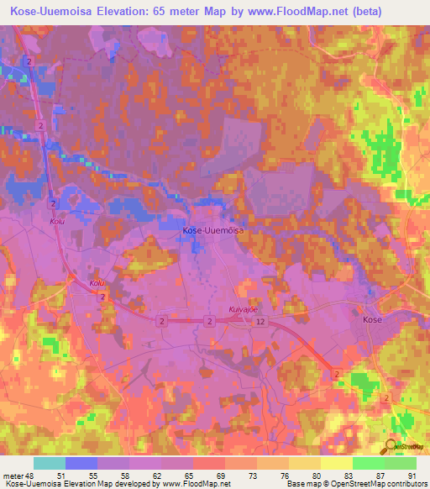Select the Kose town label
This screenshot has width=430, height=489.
point(372,320)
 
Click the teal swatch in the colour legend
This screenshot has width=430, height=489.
point(50,463)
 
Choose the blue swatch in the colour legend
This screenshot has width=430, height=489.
point(81,463)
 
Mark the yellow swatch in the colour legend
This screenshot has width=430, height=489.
point(337,463)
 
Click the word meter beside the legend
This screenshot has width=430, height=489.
point(12,475)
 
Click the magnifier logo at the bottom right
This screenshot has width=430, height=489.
point(391,446)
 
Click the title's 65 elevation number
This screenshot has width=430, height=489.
point(194,11)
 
